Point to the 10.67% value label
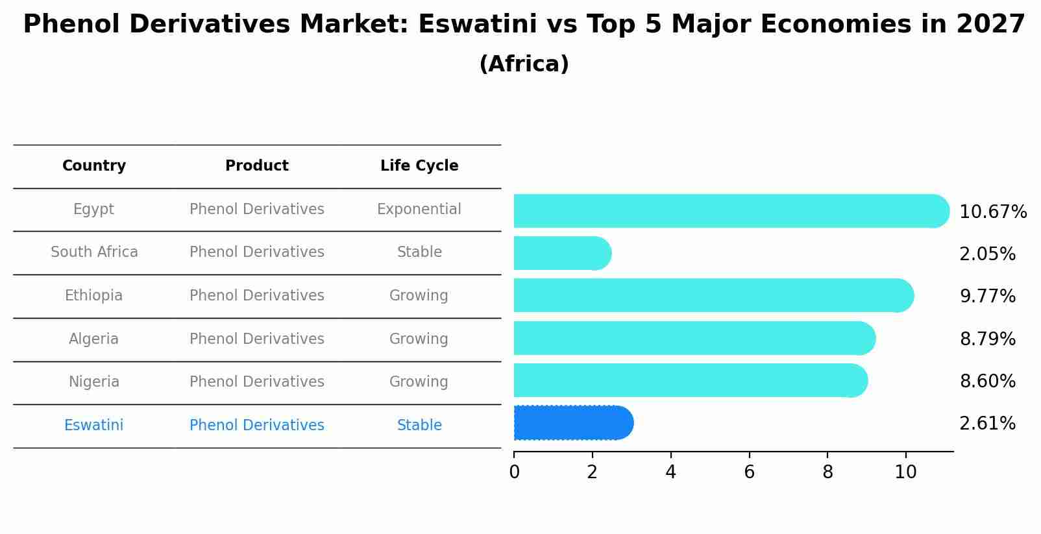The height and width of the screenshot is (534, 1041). point(992,212)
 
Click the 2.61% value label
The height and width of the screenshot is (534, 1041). point(987,424)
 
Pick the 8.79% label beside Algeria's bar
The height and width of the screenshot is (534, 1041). point(987,339)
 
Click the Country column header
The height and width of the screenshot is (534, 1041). point(94,166)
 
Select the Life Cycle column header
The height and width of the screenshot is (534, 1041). point(419,166)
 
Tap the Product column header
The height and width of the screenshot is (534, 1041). point(256,166)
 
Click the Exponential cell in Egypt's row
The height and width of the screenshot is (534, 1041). point(419,210)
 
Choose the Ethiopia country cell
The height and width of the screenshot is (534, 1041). point(93,296)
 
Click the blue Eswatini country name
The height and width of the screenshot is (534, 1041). point(93,426)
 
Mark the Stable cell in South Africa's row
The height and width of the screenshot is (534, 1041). point(419,252)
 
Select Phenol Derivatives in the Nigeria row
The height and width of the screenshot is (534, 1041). point(256,382)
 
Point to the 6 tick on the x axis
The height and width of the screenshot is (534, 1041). point(749,472)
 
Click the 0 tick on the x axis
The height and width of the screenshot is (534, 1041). point(514,472)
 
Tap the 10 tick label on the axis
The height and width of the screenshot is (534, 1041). point(905,472)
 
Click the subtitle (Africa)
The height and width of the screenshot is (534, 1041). point(524,64)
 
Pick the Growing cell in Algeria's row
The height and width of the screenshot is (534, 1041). point(419,339)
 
